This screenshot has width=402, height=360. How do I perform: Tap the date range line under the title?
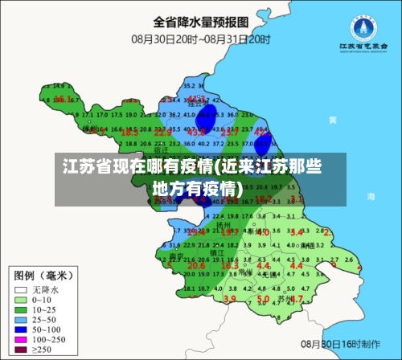[x=201, y=38]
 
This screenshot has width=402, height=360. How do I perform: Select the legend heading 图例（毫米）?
[x=43, y=273]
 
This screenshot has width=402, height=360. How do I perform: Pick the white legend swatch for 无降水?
[x=20, y=288]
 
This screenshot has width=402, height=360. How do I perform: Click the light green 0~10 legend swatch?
[x=20, y=300]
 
